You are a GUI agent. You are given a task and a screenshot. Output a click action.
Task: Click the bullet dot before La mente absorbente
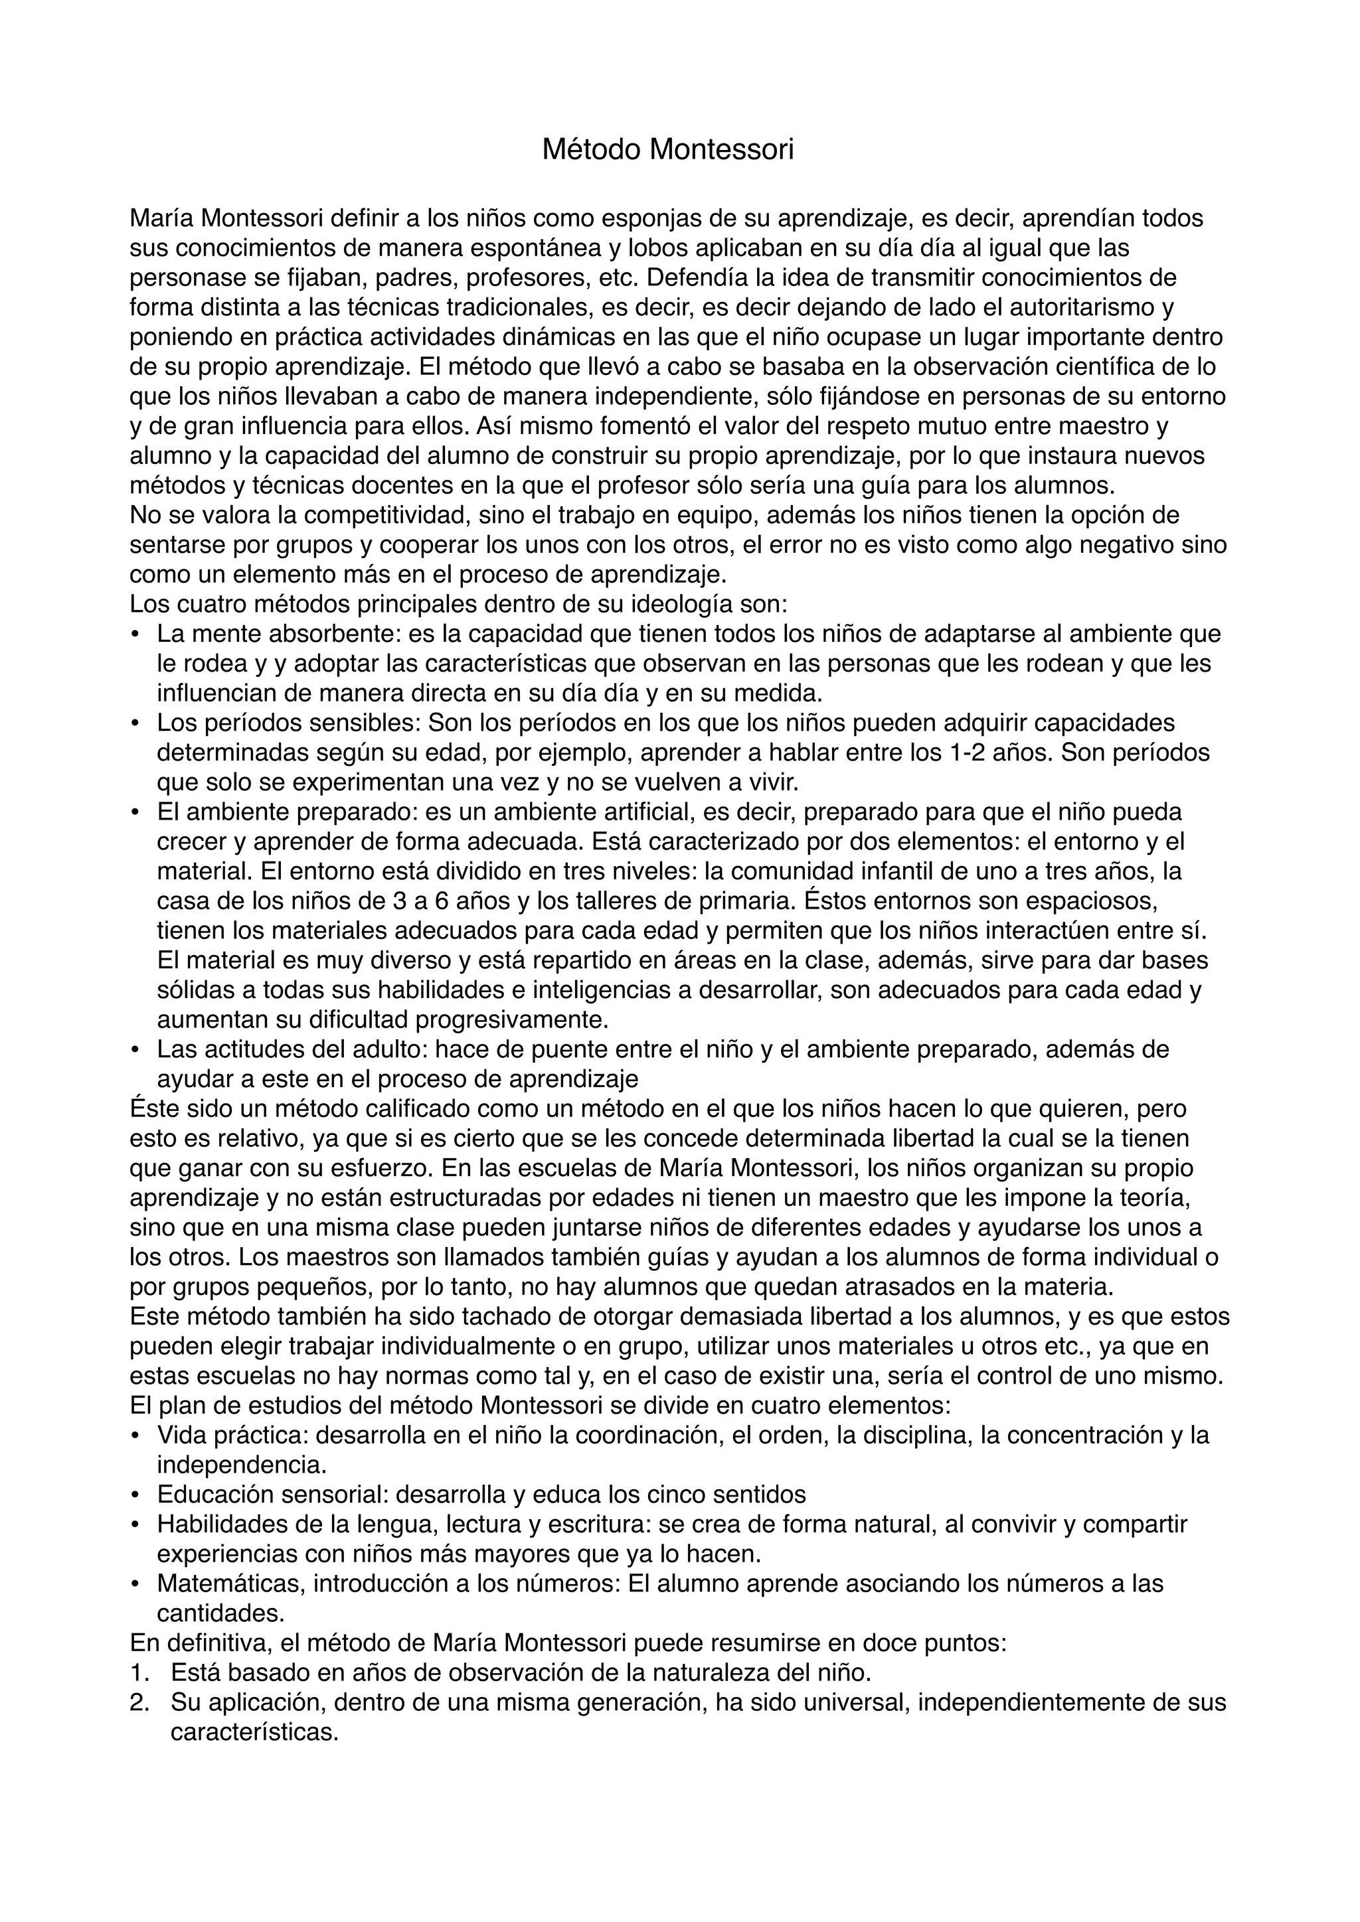coord(135,634)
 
